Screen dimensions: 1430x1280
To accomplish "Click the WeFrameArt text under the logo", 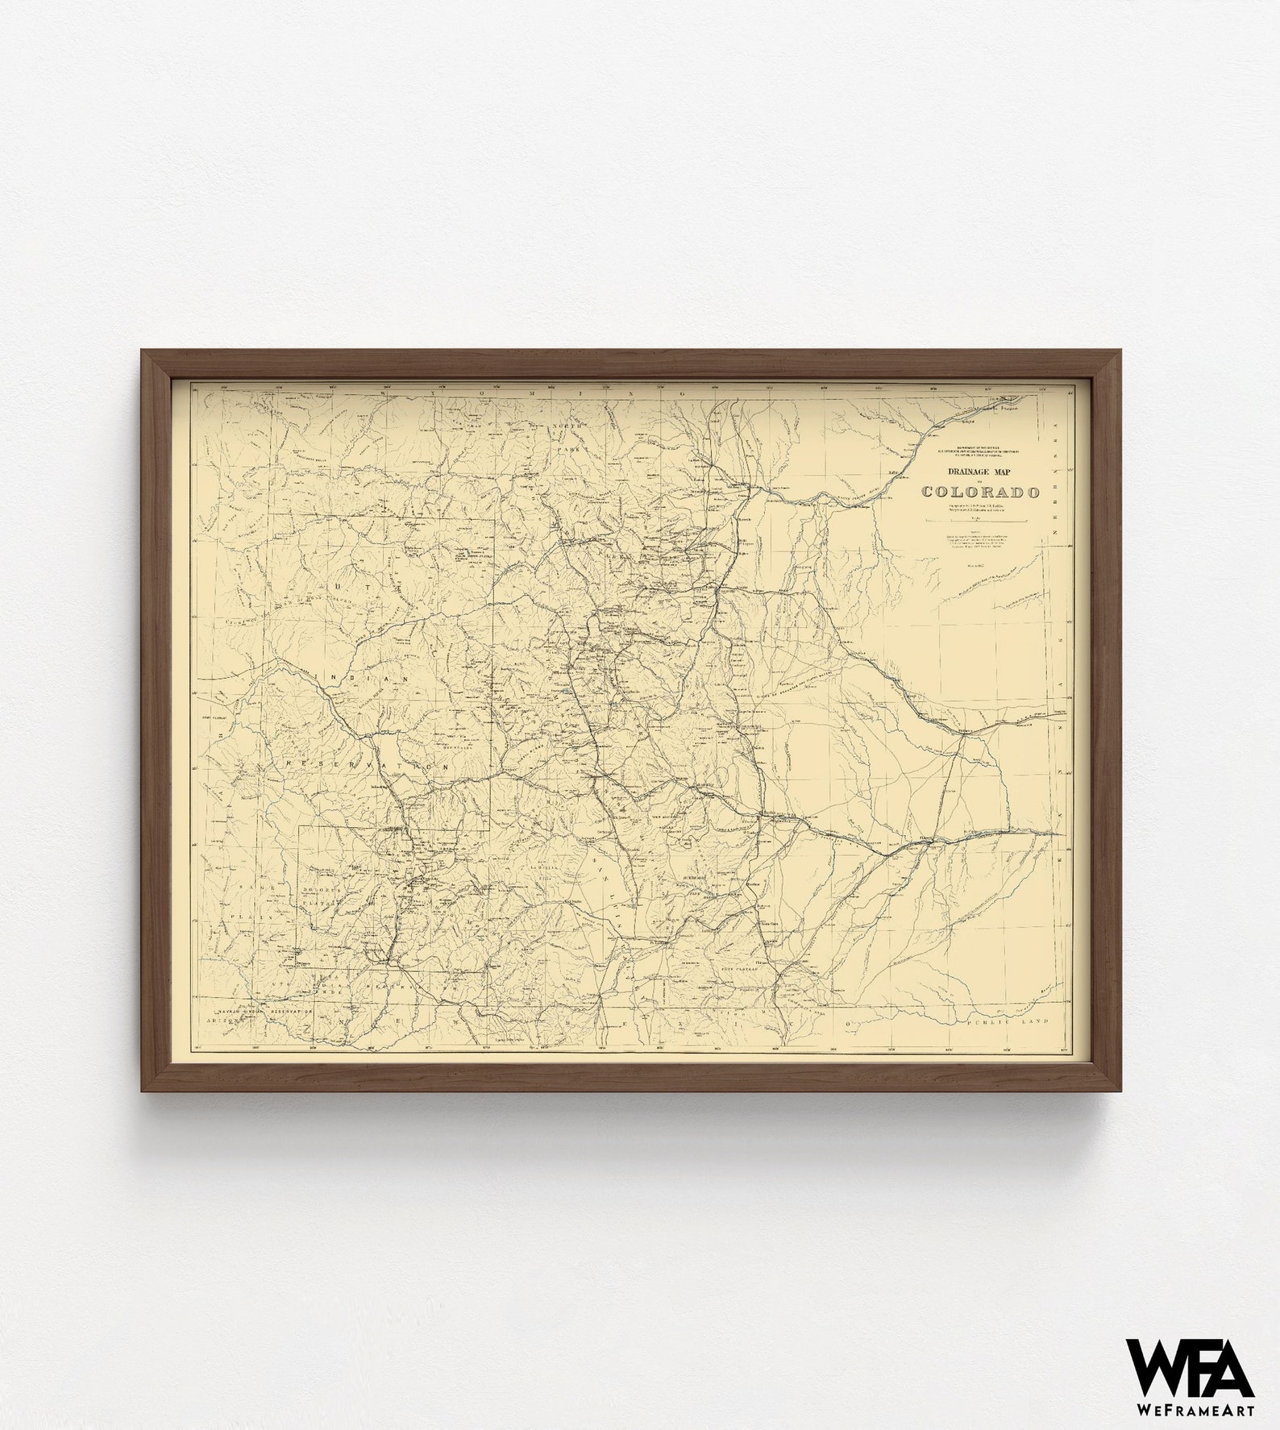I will (x=1190, y=1408).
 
